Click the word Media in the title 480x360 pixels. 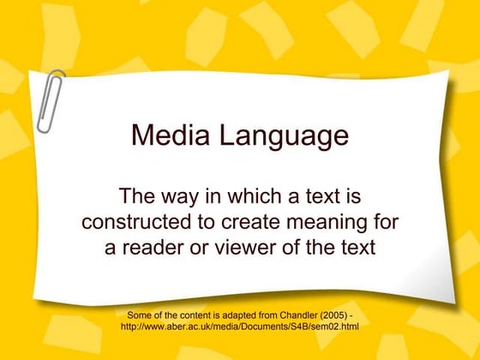pos(168,136)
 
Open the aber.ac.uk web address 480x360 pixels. pos(239,327)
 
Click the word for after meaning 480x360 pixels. pos(387,222)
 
